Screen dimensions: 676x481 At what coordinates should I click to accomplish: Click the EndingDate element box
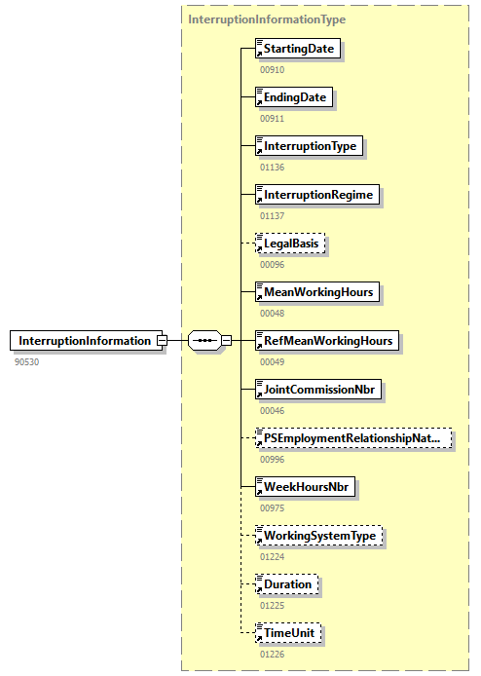pos(293,97)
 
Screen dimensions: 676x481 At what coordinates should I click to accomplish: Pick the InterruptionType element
pos(309,146)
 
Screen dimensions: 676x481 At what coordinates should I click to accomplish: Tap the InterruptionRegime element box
pos(315,195)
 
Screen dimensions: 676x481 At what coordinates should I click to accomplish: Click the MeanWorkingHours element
pos(316,292)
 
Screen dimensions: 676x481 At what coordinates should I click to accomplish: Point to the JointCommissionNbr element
pos(319,390)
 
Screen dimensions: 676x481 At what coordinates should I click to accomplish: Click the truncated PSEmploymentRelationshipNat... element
pos(352,438)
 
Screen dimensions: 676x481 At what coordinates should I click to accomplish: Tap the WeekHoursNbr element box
pos(305,487)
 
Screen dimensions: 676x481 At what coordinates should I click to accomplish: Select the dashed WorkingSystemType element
pos(319,536)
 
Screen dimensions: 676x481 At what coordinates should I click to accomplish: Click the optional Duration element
pos(286,584)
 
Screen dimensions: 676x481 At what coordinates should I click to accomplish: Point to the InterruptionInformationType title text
pos(267,19)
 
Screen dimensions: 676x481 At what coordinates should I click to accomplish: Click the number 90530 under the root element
pos(28,361)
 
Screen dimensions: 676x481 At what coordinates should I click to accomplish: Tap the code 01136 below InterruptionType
pos(273,167)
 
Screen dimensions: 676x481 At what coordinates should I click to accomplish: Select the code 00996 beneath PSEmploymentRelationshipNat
pos(273,459)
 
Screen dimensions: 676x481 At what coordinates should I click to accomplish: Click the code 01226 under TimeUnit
pos(273,654)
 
